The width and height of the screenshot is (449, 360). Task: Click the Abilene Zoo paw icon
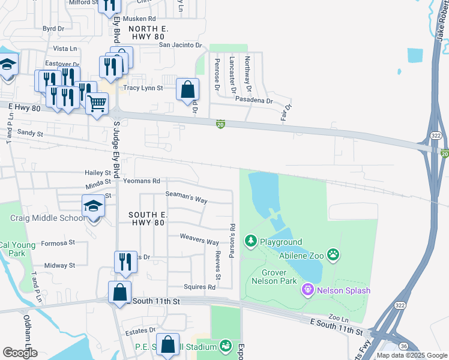[x=334, y=254]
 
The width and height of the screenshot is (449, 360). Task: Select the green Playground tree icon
[x=251, y=242]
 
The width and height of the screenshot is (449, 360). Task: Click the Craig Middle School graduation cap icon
[x=93, y=206]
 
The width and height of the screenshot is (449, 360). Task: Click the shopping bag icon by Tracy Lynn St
[x=187, y=90]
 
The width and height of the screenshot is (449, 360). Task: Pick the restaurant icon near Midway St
[x=125, y=261]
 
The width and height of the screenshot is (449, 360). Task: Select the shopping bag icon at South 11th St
[x=120, y=292]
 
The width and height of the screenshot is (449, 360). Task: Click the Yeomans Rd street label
[x=141, y=181]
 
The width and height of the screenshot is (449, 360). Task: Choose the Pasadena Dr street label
[x=254, y=100]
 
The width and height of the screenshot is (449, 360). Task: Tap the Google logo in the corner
[x=20, y=353]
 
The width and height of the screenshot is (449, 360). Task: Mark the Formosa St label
[x=58, y=243]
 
